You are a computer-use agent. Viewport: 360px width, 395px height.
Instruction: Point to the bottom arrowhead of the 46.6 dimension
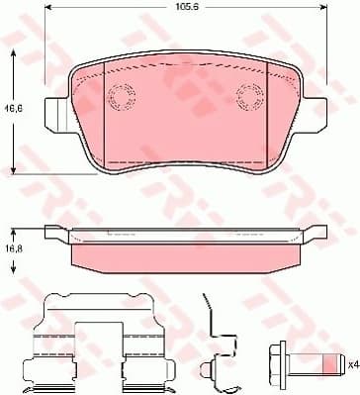click(x=14, y=170)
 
